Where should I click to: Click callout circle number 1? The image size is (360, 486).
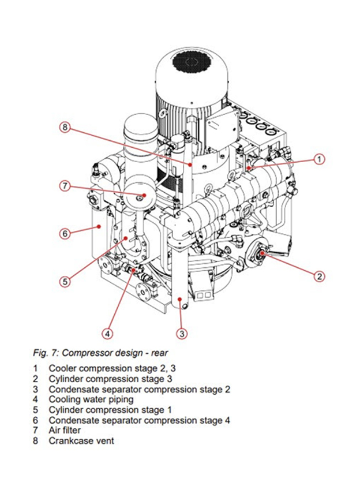(x=320, y=159)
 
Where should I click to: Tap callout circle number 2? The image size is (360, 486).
(x=319, y=276)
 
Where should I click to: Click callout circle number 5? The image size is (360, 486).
(x=65, y=282)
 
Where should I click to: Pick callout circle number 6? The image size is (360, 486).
(x=65, y=234)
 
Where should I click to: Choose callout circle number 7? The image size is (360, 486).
(x=65, y=186)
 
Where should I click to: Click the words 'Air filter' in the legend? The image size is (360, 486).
(x=65, y=430)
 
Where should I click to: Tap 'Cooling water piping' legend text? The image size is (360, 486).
(x=91, y=399)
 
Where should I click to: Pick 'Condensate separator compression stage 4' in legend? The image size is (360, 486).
(x=139, y=420)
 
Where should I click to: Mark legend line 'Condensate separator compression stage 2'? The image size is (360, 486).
(x=139, y=388)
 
